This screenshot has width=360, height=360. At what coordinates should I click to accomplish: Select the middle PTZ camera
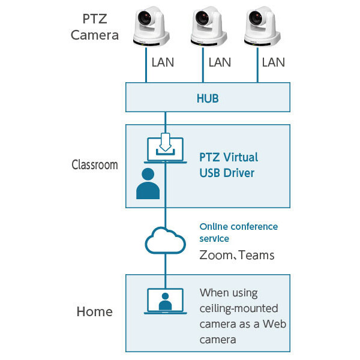(207, 27)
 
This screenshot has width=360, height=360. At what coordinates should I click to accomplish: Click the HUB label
(208, 98)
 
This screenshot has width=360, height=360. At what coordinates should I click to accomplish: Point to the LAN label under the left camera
(163, 62)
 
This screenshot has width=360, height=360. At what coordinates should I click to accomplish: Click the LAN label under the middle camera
(220, 62)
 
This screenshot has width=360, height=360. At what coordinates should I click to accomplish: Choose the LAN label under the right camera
(274, 62)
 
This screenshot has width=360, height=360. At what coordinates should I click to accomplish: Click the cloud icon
(165, 241)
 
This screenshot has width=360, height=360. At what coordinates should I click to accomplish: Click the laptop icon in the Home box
(165, 302)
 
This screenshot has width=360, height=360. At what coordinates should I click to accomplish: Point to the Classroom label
(94, 165)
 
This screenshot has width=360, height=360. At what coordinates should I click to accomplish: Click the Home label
(94, 312)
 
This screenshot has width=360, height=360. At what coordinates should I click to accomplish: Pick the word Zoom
(215, 256)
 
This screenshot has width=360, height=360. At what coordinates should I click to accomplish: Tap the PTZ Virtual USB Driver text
(229, 165)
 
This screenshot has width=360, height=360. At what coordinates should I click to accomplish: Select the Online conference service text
(238, 232)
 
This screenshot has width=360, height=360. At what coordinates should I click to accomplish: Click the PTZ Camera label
(94, 27)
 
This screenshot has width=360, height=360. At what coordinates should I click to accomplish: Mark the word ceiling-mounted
(239, 308)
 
